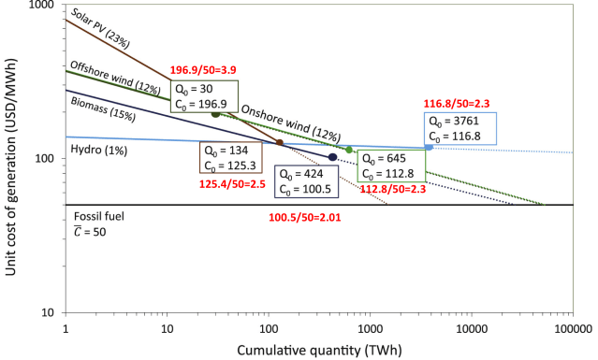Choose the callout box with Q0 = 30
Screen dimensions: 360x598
point(205,95)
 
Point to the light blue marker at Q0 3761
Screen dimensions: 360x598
point(430,147)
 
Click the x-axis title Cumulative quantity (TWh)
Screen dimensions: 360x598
point(318,349)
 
